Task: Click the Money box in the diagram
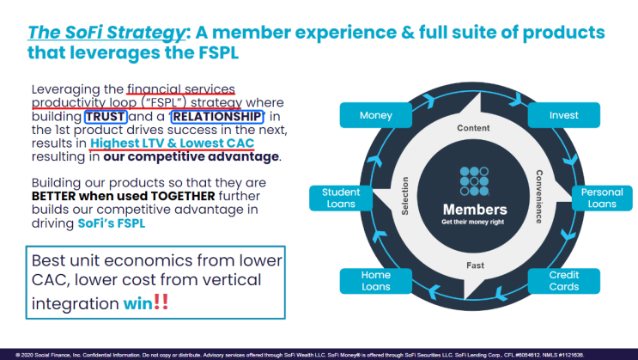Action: [x=375, y=115]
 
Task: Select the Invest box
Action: [x=563, y=115]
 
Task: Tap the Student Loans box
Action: [x=341, y=198]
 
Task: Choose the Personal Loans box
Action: [x=602, y=198]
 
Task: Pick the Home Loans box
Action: [x=375, y=281]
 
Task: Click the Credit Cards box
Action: [x=563, y=281]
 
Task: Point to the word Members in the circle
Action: [x=475, y=210]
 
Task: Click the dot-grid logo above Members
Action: [x=475, y=181]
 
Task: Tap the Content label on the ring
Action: [x=473, y=128]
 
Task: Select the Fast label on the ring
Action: [x=475, y=265]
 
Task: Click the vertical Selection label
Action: [x=404, y=196]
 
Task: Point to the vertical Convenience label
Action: [x=539, y=197]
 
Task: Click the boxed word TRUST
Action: [x=106, y=117]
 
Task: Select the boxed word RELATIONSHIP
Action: [x=217, y=117]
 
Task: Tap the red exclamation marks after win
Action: [x=161, y=302]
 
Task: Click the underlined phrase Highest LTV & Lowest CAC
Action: [x=172, y=143]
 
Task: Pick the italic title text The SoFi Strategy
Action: [x=106, y=32]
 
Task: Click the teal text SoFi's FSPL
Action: [x=112, y=223]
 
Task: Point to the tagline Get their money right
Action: [x=473, y=222]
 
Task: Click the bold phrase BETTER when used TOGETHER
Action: [x=124, y=196]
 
